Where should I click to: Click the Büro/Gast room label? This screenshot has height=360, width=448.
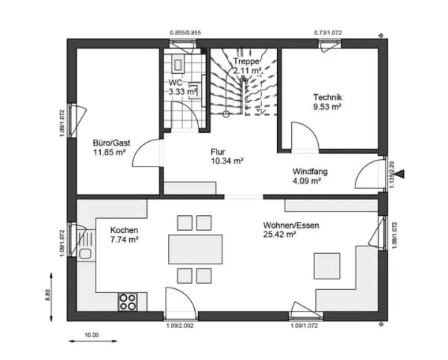coord(111,143)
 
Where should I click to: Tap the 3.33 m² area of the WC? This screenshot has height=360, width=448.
coord(183,92)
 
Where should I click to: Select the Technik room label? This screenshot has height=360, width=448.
coord(328,97)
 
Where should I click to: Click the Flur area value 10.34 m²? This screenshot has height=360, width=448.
coord(227,161)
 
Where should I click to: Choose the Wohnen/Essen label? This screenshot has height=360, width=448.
coord(291,225)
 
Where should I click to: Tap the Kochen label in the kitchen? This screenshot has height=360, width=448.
coord(124,230)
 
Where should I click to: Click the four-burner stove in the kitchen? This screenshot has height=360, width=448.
coord(128,302)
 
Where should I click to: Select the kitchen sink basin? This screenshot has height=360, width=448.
coord(85,254)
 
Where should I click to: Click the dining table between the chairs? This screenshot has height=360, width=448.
coord(196,249)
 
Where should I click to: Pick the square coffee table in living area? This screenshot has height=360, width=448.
coord(327,266)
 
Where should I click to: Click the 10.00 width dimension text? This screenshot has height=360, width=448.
coord(91,335)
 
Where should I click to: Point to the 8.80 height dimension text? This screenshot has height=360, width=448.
coord(48,295)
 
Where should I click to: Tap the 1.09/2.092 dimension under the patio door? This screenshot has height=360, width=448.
coord(180,326)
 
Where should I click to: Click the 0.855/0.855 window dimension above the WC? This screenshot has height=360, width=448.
coord(185,33)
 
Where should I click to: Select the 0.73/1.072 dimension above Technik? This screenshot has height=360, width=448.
coord(328,33)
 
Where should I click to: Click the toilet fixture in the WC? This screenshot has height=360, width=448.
coord(178,63)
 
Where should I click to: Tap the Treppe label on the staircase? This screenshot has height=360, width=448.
coord(246,61)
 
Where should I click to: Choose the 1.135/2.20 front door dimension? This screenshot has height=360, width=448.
coord(392,175)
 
